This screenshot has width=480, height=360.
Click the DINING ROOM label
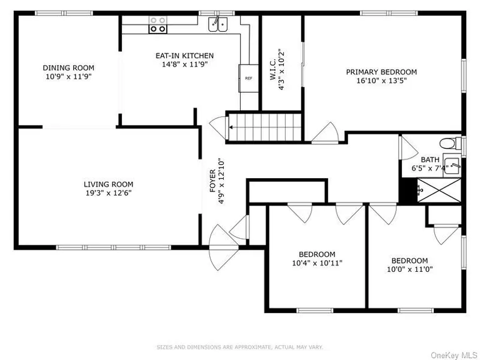coord(68,67)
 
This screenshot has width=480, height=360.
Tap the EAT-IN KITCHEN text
coord(184,56)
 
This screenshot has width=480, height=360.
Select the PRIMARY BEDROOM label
coord(381,72)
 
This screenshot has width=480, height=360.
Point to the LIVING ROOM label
coord(109,184)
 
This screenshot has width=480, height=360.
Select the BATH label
coord(429,160)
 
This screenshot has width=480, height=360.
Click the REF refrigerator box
coord(248,78)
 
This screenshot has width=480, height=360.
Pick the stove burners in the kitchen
coord(157,24)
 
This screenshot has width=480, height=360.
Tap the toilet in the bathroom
coord(447,141)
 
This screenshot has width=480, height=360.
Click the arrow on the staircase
coord(232,127)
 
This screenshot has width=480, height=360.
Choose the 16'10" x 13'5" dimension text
coord(381,80)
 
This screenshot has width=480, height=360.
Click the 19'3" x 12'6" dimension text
coord(109,192)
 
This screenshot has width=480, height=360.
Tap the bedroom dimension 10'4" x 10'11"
coord(317,262)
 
